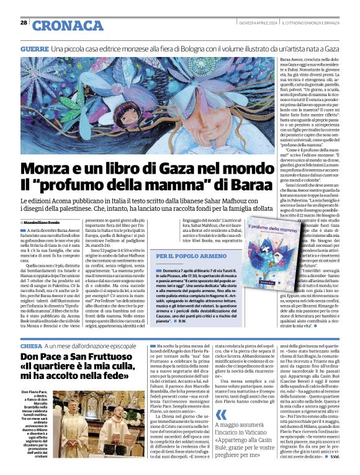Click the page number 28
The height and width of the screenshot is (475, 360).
(24, 22)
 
